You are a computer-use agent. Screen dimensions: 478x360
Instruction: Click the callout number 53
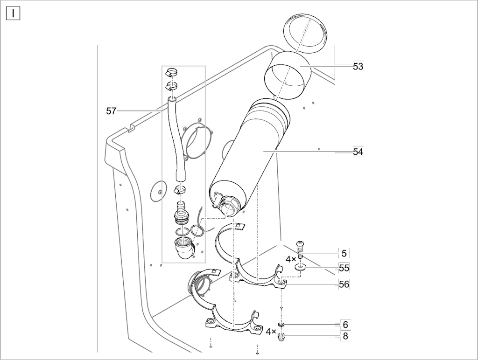point(358,66)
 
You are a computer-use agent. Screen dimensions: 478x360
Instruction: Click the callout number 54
point(358,152)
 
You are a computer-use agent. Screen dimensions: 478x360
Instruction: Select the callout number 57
point(111,111)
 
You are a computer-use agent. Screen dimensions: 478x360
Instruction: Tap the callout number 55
point(344,268)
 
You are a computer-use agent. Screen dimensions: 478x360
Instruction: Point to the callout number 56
point(344,284)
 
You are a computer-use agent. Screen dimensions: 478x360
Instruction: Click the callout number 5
point(344,253)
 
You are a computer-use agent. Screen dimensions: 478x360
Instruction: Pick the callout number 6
point(345,325)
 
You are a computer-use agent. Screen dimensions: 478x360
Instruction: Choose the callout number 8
point(345,336)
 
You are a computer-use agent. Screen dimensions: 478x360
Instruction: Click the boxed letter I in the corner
point(13,14)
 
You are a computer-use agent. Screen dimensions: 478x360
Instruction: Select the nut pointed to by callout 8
point(281,337)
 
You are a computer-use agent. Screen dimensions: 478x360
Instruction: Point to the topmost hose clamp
point(171,73)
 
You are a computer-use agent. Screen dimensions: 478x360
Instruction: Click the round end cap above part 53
point(305,33)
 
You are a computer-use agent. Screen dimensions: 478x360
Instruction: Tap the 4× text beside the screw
point(290,259)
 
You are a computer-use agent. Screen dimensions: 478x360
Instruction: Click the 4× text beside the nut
point(271,332)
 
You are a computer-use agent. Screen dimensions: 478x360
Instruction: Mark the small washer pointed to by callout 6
point(281,325)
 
